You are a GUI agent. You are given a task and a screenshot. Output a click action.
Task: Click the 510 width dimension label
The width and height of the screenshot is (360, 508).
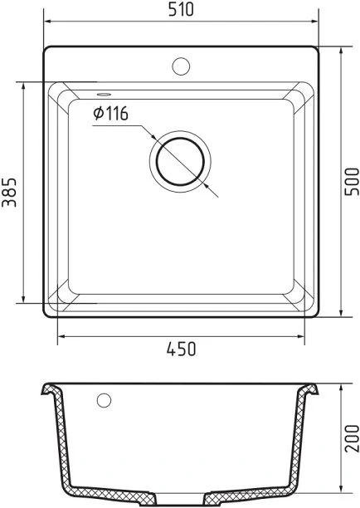click(181, 9)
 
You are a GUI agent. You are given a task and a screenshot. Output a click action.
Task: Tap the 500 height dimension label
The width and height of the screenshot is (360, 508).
click(352, 182)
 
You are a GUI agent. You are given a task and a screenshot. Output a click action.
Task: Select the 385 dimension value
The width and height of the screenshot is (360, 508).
click(9, 192)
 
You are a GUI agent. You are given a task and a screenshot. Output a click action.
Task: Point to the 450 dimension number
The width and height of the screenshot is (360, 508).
click(182, 349)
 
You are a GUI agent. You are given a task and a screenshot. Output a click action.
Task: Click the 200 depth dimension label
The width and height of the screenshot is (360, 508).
click(352, 438)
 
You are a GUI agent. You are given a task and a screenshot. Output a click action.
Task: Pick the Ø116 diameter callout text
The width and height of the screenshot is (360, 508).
click(110, 114)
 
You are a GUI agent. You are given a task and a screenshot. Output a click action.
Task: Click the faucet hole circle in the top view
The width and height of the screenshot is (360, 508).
click(181, 66)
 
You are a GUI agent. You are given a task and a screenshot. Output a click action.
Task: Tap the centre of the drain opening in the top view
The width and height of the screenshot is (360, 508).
click(180, 161)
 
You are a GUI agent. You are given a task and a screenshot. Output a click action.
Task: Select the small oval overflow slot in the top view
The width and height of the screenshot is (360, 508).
click(104, 95)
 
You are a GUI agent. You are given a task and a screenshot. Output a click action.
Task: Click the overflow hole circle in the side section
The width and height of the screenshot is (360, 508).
click(104, 400)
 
